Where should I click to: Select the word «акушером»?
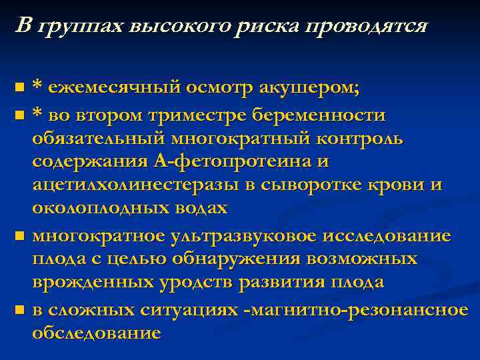[313, 87]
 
